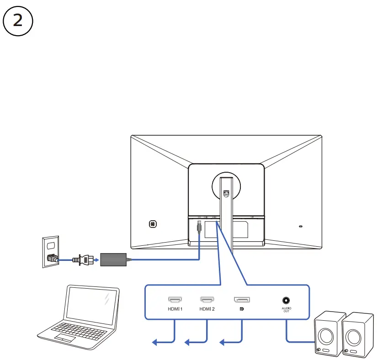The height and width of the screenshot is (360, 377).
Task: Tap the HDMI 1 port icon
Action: [175, 300]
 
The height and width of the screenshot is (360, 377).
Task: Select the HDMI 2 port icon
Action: [207, 300]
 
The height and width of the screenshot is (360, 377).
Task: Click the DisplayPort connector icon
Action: [242, 300]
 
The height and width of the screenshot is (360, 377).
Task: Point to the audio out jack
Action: [286, 301]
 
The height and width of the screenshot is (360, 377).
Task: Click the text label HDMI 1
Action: [175, 309]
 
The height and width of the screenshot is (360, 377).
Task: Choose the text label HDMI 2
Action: [207, 309]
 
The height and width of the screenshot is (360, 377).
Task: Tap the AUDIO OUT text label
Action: [286, 310]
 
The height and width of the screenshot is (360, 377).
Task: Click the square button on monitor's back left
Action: [153, 224]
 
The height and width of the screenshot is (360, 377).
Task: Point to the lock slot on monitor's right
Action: [300, 226]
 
